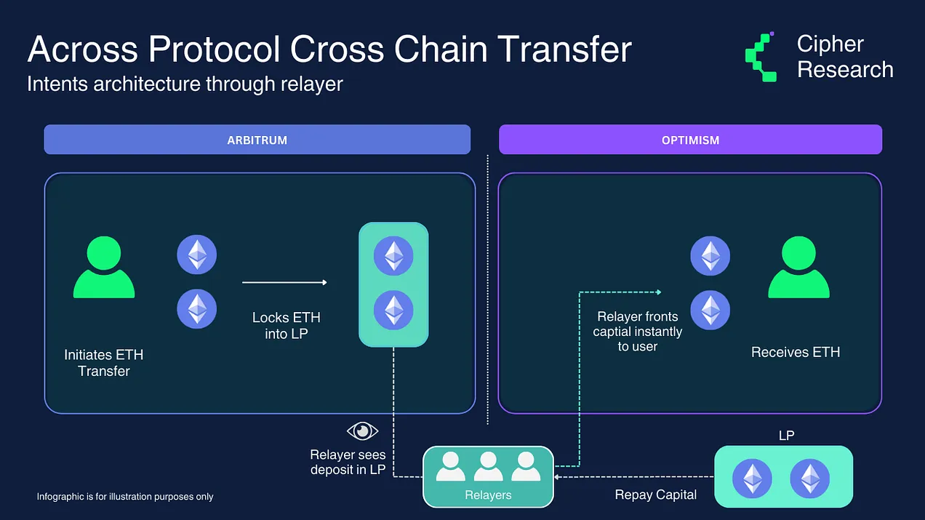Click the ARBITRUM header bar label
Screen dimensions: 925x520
tap(257, 140)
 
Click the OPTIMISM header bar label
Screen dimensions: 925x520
tap(690, 140)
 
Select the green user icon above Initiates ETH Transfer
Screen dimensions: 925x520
tap(104, 267)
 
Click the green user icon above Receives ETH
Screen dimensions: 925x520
tap(798, 267)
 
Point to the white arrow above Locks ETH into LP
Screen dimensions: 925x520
tap(284, 282)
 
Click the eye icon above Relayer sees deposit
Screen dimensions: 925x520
tap(363, 431)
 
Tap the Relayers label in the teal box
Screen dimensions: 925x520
tap(488, 495)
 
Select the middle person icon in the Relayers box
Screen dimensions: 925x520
tap(488, 466)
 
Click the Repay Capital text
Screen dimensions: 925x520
tap(655, 495)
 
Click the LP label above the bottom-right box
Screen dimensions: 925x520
tap(786, 436)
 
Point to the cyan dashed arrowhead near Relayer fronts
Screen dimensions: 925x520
tap(659, 292)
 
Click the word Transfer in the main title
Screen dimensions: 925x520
tap(564, 49)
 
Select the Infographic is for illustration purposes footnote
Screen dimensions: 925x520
tap(125, 497)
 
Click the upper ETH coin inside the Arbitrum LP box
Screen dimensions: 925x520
tap(393, 256)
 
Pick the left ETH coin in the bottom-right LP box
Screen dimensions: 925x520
tap(752, 479)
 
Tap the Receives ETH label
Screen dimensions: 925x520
tap(796, 352)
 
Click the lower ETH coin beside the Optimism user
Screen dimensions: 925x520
tap(710, 311)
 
